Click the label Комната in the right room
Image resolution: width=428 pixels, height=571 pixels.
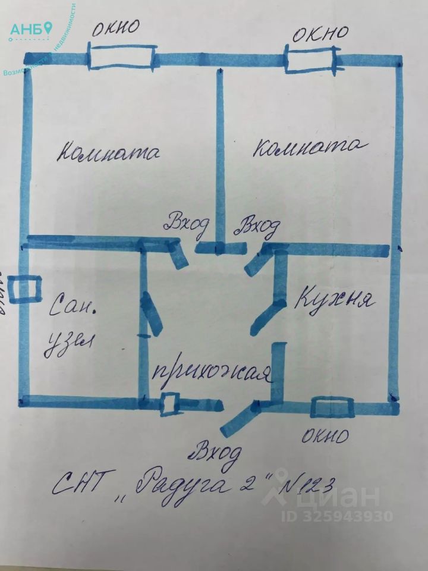coord(307,146)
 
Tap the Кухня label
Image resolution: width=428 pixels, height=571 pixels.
coord(335,298)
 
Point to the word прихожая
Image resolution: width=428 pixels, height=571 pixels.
coord(212,374)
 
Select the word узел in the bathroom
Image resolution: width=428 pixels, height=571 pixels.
coord(70,346)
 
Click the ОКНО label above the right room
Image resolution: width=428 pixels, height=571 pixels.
coord(319,33)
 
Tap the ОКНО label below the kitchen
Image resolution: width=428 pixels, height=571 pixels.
coord(324,437)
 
